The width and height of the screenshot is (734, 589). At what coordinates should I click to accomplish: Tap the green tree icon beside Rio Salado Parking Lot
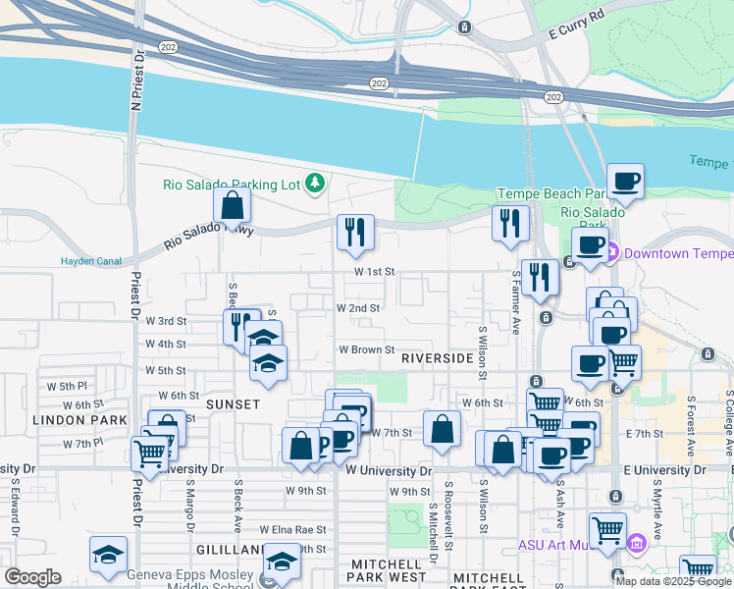tap(315, 183)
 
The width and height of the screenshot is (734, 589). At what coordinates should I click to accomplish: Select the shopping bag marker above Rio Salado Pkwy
tap(233, 206)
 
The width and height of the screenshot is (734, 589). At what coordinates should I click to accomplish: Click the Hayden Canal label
tap(90, 261)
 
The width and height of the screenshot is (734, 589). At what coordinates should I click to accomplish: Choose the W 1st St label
tap(374, 271)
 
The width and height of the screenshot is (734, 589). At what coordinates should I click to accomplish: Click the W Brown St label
tap(366, 349)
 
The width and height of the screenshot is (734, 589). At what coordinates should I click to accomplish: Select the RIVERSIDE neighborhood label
tap(438, 359)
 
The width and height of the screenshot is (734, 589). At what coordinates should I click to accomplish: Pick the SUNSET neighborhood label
tap(233, 404)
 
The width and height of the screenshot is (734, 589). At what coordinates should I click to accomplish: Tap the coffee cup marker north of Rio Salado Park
tap(625, 183)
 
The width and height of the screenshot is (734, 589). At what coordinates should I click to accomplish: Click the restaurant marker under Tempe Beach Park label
tap(510, 224)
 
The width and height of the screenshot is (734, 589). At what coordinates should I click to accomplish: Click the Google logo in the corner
tap(33, 578)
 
